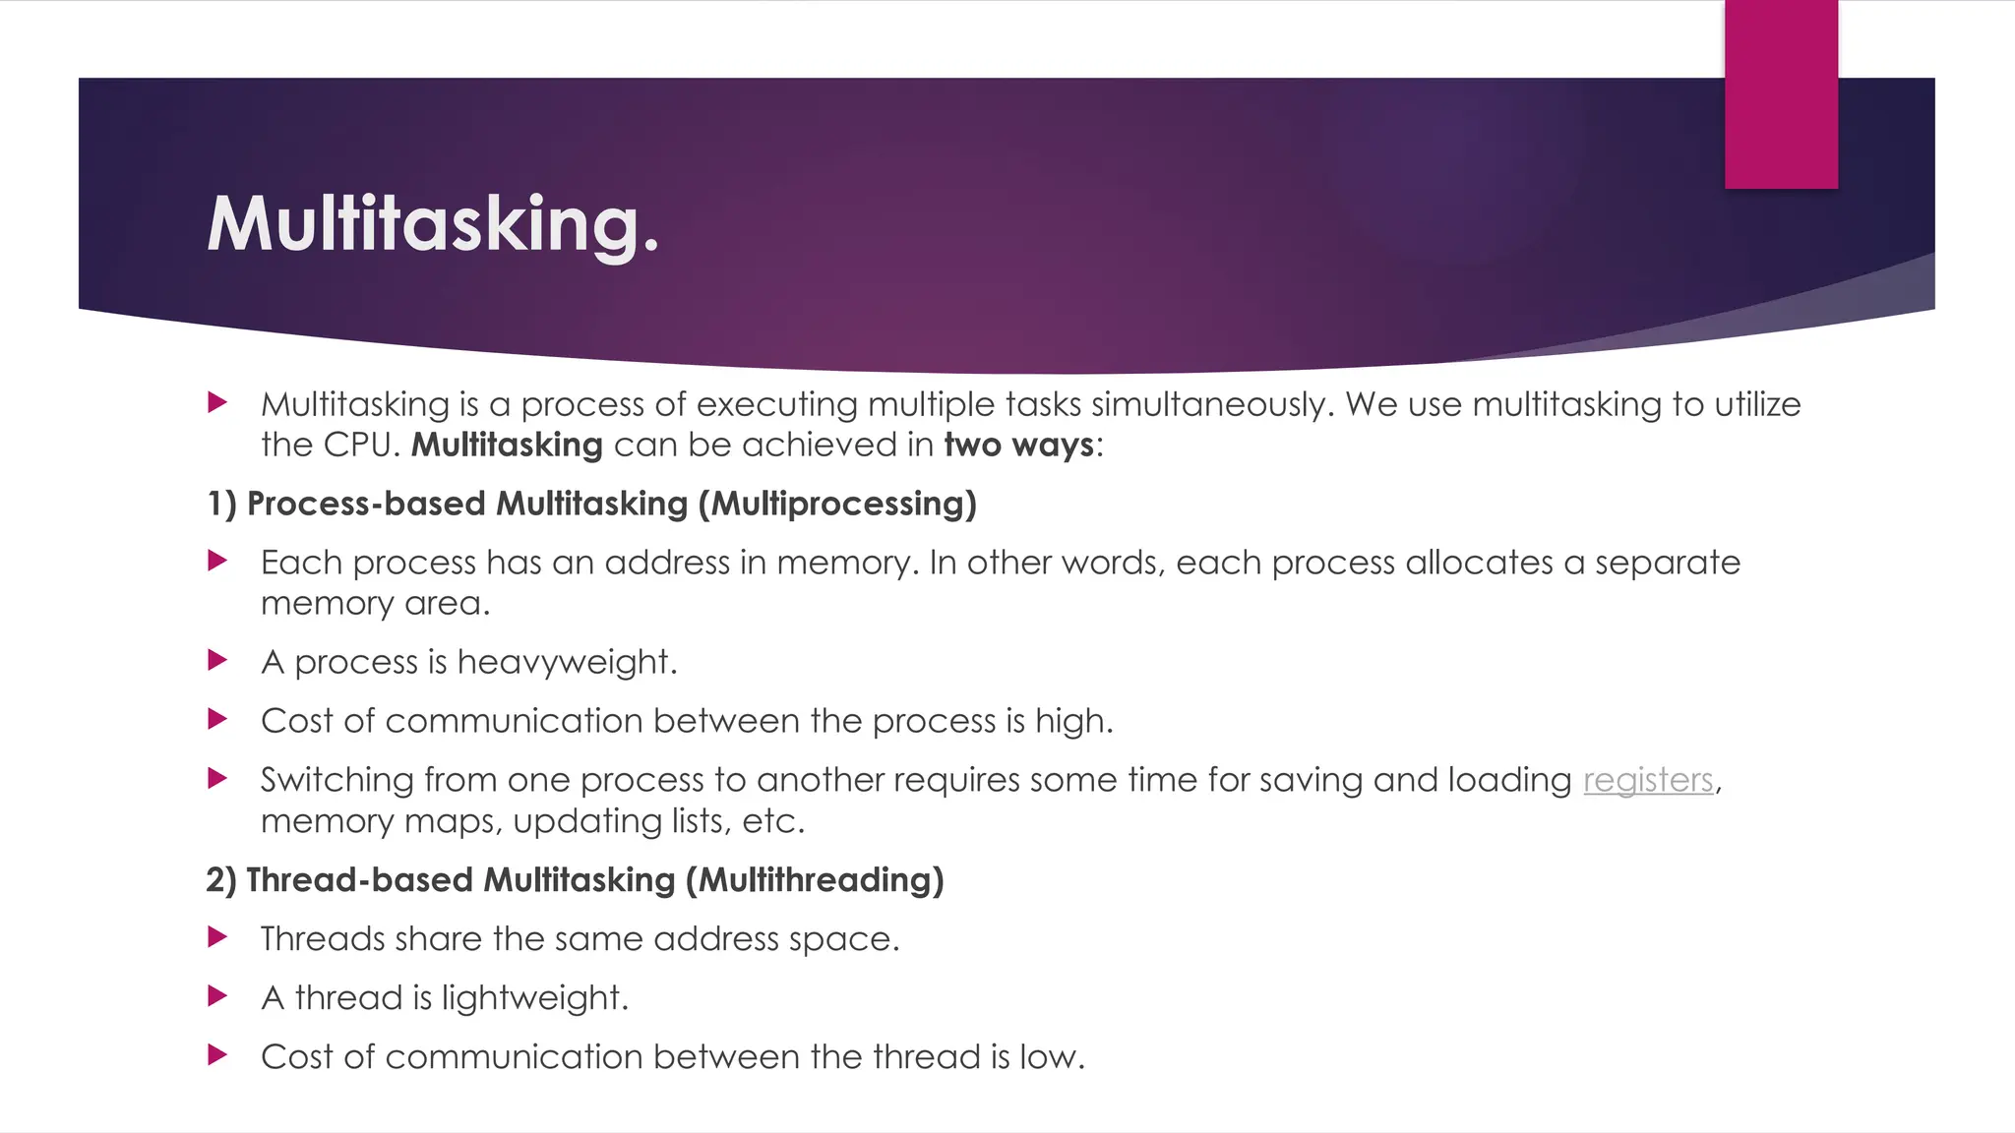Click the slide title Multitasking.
pyautogui.click(x=433, y=224)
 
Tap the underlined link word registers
pyautogui.click(x=1648, y=780)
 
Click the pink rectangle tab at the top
pyautogui.click(x=1781, y=94)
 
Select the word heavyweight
pyautogui.click(x=567, y=662)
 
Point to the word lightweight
pyautogui.click(x=534, y=998)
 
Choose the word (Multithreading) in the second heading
pyautogui.click(x=815, y=879)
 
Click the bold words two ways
pyautogui.click(x=1018, y=445)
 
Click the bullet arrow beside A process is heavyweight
pyautogui.click(x=217, y=660)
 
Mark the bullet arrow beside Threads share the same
pyautogui.click(x=217, y=937)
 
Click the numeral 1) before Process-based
pyautogui.click(x=221, y=504)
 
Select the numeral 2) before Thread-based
pyautogui.click(x=221, y=879)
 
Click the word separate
pyautogui.click(x=1667, y=563)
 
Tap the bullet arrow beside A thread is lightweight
pyautogui.click(x=217, y=996)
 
